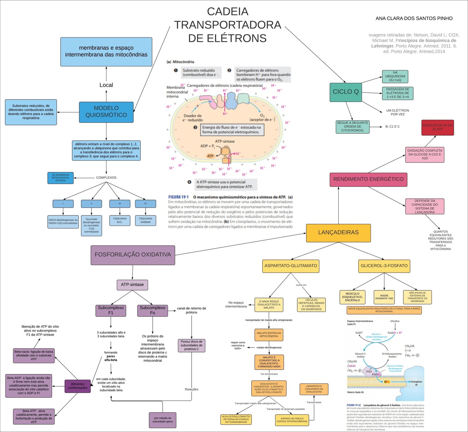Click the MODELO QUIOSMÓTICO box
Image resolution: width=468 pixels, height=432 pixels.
click(x=106, y=112)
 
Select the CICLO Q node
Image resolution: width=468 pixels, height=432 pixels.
click(x=345, y=92)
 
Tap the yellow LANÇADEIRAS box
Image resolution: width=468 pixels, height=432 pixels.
click(x=338, y=233)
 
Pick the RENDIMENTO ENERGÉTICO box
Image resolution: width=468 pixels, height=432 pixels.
click(x=368, y=179)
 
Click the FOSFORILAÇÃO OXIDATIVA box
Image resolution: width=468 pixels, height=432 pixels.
click(x=133, y=255)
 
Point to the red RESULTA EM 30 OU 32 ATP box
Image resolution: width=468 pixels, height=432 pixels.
click(x=437, y=127)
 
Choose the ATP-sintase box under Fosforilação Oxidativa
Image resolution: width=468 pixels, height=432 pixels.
click(x=132, y=284)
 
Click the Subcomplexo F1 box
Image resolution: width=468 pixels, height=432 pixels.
click(x=111, y=310)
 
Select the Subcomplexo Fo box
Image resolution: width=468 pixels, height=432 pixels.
click(x=152, y=310)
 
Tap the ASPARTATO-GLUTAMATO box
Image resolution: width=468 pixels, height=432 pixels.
click(x=290, y=266)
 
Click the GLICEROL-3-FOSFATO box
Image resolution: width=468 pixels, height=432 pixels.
click(x=384, y=266)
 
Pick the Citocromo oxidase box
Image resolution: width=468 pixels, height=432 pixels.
click(x=145, y=220)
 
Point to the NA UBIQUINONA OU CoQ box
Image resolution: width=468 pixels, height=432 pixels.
click(x=395, y=76)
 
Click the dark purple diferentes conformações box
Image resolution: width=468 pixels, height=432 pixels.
click(x=78, y=386)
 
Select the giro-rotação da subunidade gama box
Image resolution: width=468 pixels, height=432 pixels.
click(x=162, y=420)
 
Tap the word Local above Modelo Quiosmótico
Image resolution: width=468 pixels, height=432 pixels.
click(x=106, y=85)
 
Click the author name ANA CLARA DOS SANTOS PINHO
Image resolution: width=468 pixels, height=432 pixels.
click(x=414, y=18)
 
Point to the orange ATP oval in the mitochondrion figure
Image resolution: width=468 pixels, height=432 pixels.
click(x=210, y=156)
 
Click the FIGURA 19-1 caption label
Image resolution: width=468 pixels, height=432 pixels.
click(x=178, y=197)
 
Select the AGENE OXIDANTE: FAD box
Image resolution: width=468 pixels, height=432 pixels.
click(x=384, y=297)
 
